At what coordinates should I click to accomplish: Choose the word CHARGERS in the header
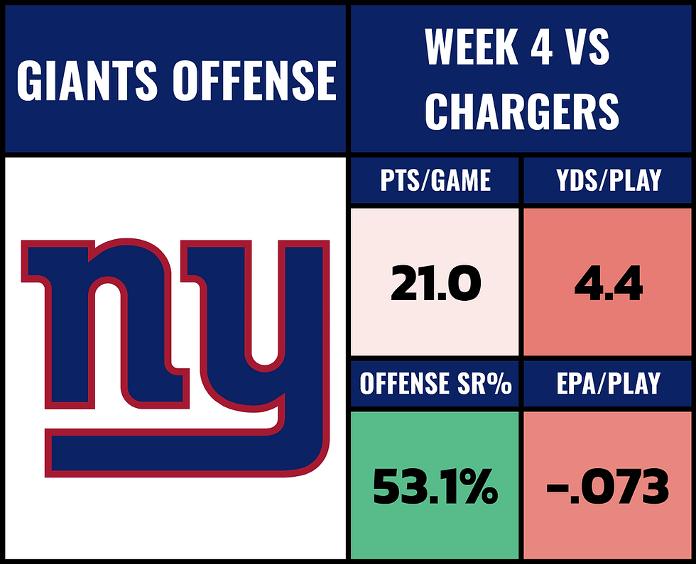click(522, 111)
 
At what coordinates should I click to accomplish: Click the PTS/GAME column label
click(435, 181)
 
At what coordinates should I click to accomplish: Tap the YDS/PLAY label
click(609, 181)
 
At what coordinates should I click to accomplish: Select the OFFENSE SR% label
click(435, 384)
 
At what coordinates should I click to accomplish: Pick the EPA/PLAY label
click(609, 384)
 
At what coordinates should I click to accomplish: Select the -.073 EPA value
click(609, 488)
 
